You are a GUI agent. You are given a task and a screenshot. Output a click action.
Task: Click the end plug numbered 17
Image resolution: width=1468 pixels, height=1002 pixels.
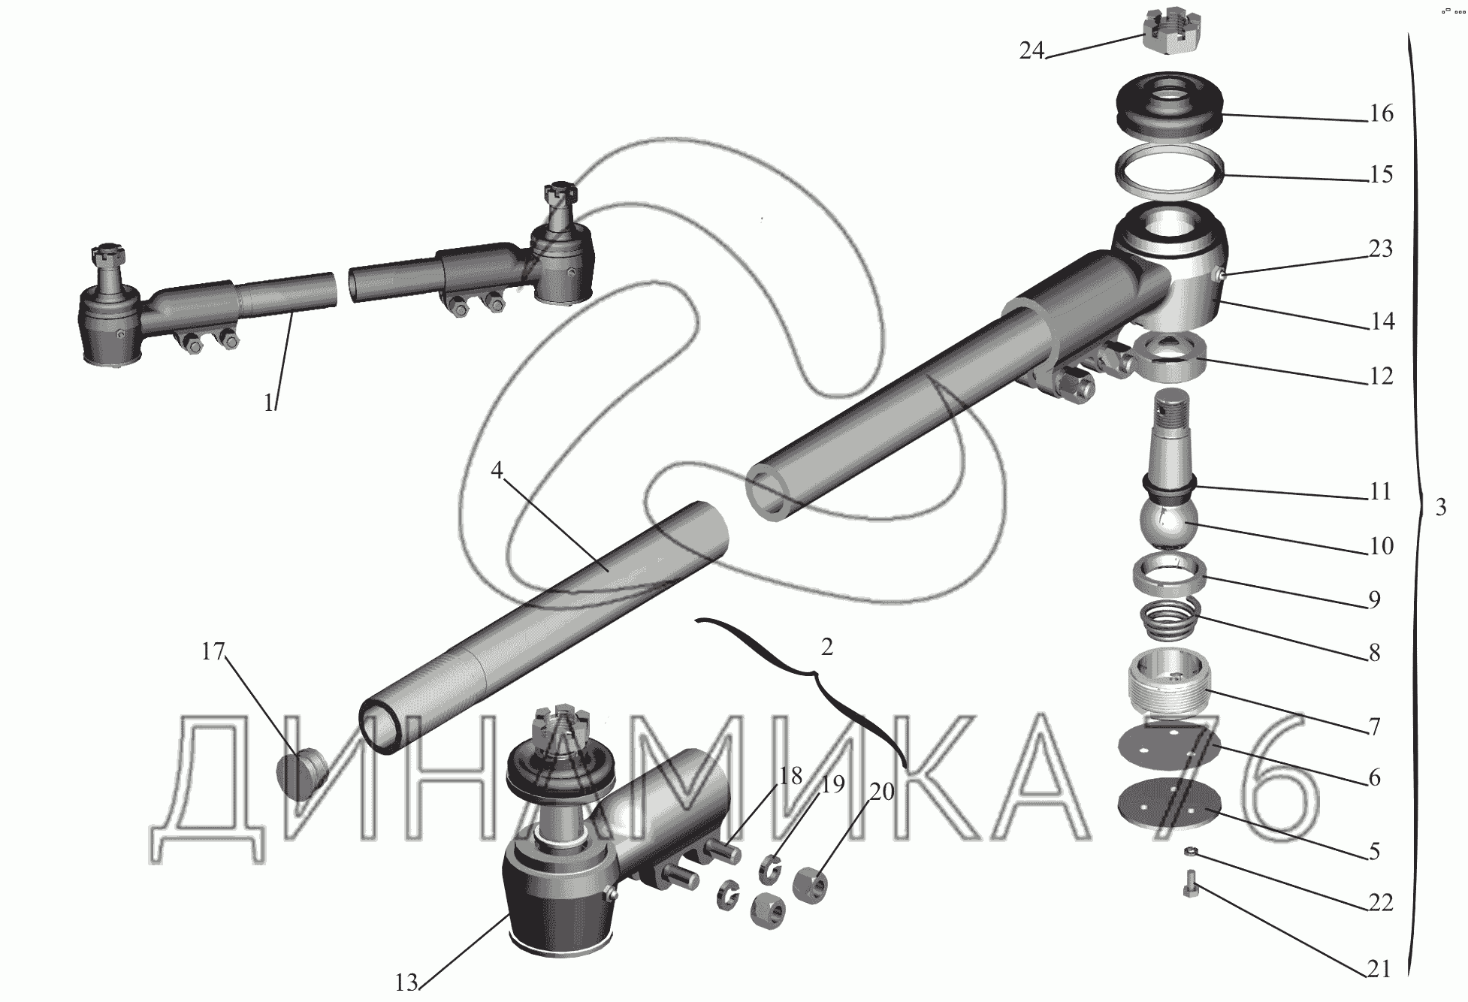[x=303, y=774]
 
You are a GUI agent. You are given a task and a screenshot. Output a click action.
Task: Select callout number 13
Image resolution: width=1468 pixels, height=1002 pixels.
[x=406, y=982]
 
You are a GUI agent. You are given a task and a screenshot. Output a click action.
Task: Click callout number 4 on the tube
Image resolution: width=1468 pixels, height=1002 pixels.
[x=497, y=470]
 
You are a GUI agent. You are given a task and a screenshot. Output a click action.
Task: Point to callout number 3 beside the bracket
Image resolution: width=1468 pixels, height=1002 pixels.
[x=1440, y=507]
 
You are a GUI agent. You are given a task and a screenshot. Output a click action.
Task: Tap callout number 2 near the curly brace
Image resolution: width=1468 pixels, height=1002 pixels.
[x=826, y=647]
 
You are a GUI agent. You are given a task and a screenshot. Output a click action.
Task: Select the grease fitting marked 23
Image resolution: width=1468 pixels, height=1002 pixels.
[x=1221, y=276]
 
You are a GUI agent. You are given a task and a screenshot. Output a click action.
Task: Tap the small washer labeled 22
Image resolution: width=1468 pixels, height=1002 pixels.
[x=1190, y=851]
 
